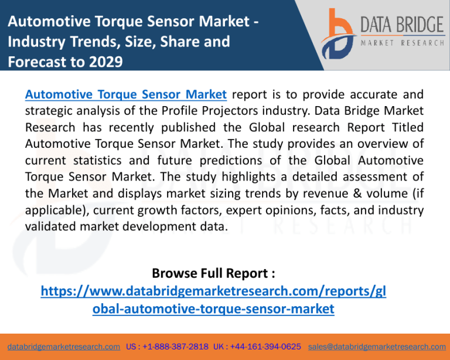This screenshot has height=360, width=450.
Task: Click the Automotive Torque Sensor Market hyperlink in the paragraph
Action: (126, 94)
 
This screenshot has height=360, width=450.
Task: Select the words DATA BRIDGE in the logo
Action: (403, 25)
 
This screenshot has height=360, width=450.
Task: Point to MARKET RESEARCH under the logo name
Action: (403, 43)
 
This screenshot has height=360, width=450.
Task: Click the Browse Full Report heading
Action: (213, 273)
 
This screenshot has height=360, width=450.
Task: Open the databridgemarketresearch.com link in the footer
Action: (64, 347)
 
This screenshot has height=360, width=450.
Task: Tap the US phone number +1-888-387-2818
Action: (175, 347)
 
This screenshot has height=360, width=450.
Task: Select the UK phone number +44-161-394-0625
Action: (265, 347)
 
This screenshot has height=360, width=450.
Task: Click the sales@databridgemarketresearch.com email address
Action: (377, 347)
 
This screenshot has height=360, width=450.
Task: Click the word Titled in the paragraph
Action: (408, 127)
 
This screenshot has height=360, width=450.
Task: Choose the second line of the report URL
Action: (213, 309)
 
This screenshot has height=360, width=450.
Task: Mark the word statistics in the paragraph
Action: (97, 160)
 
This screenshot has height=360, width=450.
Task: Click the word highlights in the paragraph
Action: (248, 177)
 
